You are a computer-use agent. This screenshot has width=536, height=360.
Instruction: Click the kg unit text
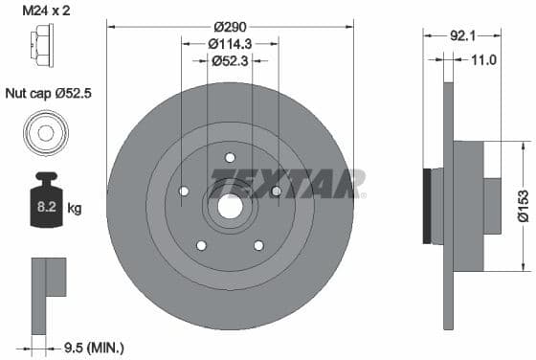click(75, 207)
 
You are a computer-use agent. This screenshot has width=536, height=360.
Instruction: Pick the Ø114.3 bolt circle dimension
click(230, 43)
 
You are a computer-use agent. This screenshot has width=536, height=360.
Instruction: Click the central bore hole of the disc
click(230, 204)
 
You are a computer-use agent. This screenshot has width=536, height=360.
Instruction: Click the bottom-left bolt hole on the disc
click(201, 245)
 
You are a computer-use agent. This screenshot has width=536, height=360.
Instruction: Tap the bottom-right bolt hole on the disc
click(258, 245)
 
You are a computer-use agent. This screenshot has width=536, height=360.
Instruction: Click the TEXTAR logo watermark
click(287, 183)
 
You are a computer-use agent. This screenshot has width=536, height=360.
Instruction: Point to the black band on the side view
click(428, 205)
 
